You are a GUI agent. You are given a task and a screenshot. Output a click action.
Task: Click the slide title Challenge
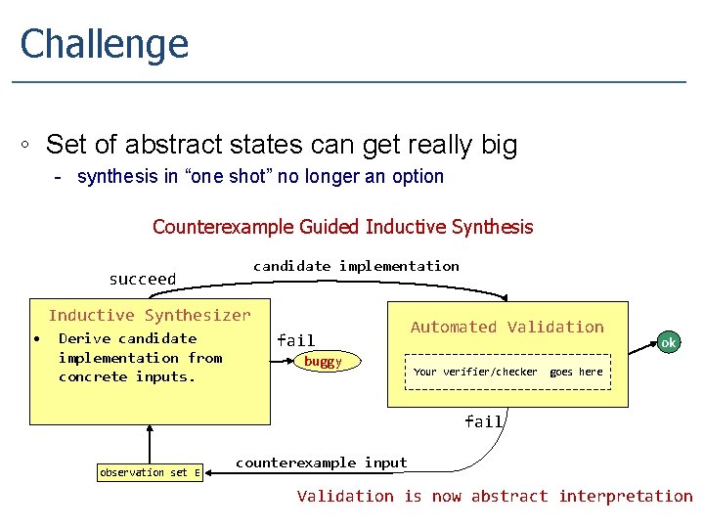click(104, 44)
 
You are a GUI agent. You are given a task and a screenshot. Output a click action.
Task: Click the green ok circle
click(669, 342)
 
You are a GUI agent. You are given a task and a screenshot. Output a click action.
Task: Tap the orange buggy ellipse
click(323, 362)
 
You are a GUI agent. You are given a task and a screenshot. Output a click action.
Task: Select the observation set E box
click(150, 472)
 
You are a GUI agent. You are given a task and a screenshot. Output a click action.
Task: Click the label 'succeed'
click(143, 280)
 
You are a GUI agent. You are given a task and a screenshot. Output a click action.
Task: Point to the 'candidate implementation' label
click(356, 266)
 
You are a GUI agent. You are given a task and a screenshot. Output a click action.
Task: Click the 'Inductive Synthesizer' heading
click(150, 315)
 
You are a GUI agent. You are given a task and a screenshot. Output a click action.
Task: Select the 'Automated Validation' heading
click(506, 328)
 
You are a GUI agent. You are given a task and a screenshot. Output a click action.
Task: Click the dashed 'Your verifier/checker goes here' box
click(507, 372)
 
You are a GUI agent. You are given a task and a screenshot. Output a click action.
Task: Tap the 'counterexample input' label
click(321, 462)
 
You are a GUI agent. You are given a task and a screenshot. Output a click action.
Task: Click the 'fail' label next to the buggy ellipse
click(295, 340)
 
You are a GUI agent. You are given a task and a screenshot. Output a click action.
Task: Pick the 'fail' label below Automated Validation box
click(483, 421)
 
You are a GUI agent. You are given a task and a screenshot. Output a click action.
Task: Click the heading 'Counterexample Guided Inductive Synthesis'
click(342, 227)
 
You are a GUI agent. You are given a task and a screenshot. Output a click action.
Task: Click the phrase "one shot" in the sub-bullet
click(217, 177)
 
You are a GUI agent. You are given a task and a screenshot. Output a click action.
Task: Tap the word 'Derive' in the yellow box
click(85, 338)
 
